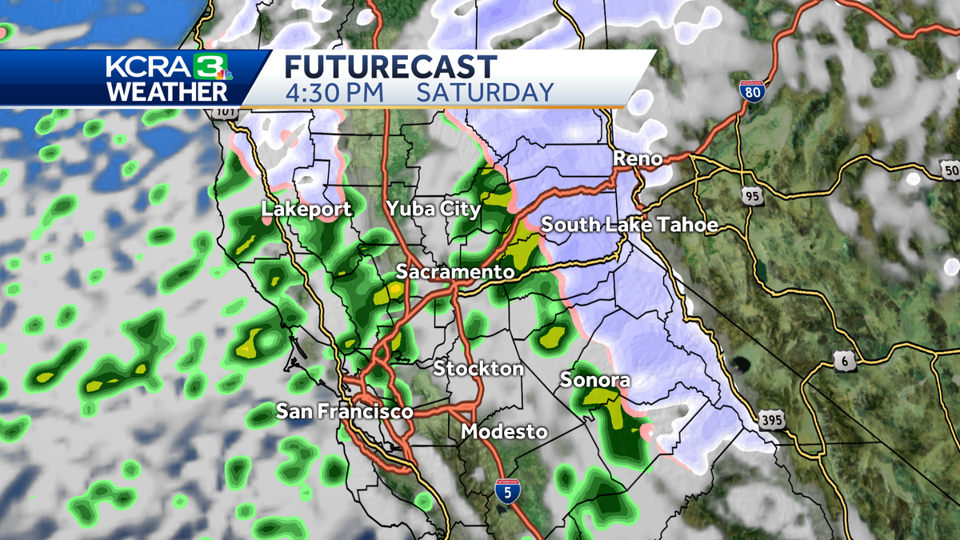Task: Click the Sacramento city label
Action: [x=454, y=272]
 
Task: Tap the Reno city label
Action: [x=638, y=159]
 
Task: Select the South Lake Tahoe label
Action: [x=630, y=225]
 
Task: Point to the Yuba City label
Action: [x=433, y=210]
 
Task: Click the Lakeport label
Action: [x=306, y=210]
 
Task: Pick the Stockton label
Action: [x=478, y=369]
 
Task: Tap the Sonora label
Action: [x=594, y=379]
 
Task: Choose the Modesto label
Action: [x=504, y=432]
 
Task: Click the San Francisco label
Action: [x=344, y=412]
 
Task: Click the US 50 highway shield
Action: [x=950, y=170]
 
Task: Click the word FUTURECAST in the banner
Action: [x=390, y=66]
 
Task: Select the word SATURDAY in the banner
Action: [x=485, y=92]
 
